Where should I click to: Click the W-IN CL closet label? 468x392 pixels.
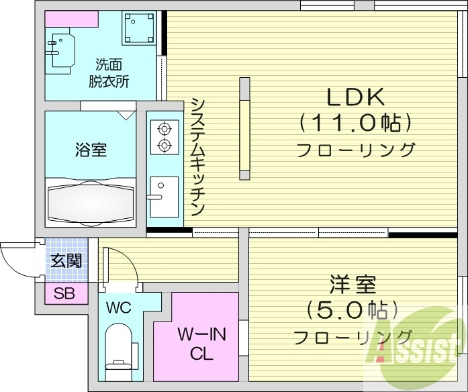195,342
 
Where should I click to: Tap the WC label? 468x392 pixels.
118,309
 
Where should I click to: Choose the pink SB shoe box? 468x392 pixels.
65,293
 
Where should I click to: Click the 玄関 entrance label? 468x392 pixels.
66,260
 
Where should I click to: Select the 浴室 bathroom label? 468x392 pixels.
90,149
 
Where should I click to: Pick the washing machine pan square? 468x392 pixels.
139,28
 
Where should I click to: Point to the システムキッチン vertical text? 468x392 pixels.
197,156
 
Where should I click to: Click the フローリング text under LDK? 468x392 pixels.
356,149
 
